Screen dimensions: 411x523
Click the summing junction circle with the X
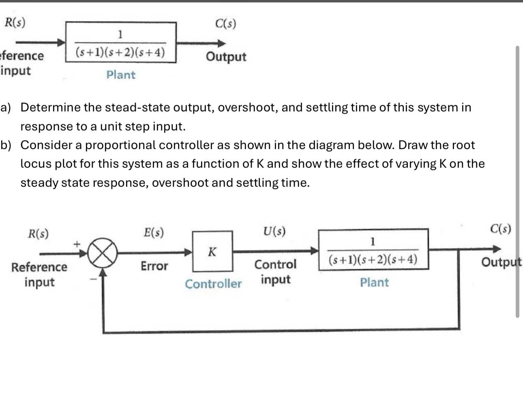pyautogui.click(x=103, y=253)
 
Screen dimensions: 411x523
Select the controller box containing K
pyautogui.click(x=212, y=251)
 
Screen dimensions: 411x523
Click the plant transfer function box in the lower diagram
pyautogui.click(x=373, y=250)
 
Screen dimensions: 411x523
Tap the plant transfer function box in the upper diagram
pyautogui.click(x=121, y=43)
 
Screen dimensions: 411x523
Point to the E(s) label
pyautogui.click(x=154, y=232)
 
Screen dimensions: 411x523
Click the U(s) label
pyautogui.click(x=274, y=231)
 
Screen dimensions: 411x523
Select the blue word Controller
pyautogui.click(x=213, y=284)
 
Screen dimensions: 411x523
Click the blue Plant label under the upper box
pyautogui.click(x=121, y=75)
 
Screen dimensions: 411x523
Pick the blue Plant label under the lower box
pyautogui.click(x=374, y=283)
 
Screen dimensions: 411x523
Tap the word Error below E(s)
pyautogui.click(x=154, y=266)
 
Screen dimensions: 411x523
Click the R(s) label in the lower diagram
pyautogui.click(x=38, y=234)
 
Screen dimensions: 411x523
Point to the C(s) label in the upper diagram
pyautogui.click(x=225, y=24)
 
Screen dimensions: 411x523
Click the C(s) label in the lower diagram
pyautogui.click(x=500, y=229)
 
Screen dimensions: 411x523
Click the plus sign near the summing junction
pyautogui.click(x=76, y=244)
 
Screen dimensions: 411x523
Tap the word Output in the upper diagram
pyautogui.click(x=226, y=57)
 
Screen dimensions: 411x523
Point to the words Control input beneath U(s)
pyautogui.click(x=275, y=272)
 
